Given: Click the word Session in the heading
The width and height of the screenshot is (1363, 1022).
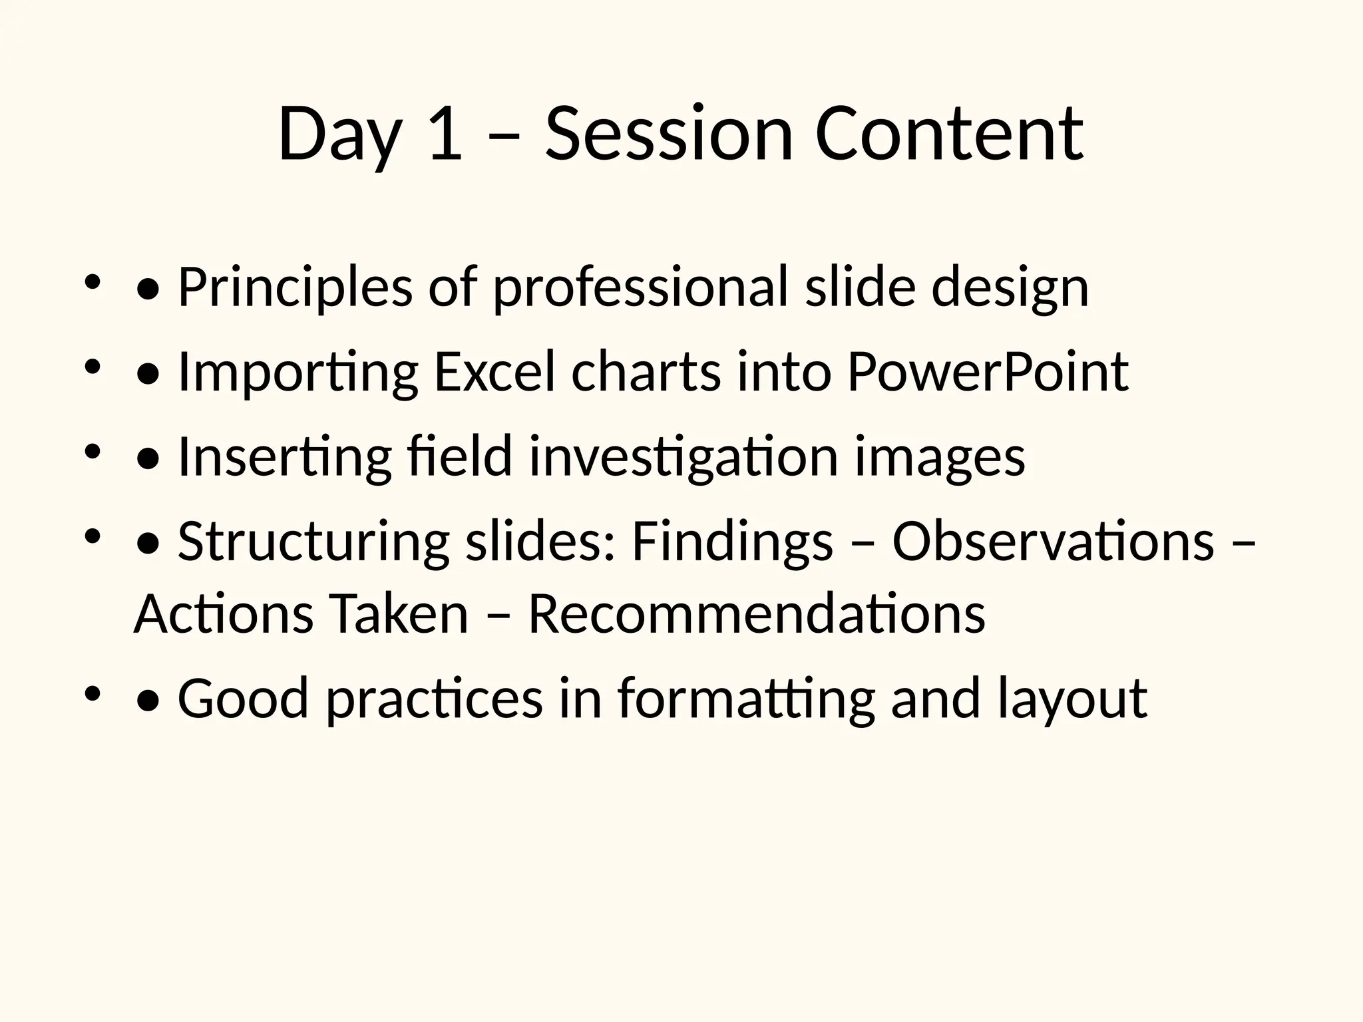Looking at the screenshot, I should click(669, 135).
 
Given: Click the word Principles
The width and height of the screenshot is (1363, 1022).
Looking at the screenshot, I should click(295, 288).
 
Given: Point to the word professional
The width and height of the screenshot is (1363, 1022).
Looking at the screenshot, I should click(640, 288).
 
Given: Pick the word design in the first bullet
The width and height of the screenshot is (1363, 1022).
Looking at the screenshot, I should click(1010, 288).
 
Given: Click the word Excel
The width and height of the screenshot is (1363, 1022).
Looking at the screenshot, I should click(494, 373).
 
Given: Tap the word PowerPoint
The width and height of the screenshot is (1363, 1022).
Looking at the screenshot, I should click(988, 373).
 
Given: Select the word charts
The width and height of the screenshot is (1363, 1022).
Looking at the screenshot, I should click(646, 373).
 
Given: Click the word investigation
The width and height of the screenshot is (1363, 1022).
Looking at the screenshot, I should click(683, 457).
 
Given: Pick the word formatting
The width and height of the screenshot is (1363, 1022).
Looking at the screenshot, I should click(746, 699).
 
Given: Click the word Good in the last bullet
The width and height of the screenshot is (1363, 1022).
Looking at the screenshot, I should click(244, 699).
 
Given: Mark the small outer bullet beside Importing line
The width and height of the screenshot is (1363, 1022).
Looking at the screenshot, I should click(92, 365).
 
